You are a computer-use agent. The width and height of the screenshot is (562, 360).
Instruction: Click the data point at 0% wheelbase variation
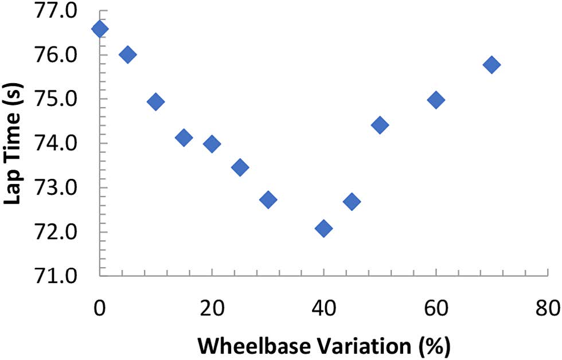point(99,29)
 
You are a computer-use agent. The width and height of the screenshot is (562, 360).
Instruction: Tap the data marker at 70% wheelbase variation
point(491,65)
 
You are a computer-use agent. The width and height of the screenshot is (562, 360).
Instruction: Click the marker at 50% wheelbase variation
point(380,125)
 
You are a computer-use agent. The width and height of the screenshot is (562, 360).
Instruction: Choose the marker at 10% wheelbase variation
point(155,102)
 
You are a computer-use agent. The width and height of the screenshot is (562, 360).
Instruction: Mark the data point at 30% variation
point(268,199)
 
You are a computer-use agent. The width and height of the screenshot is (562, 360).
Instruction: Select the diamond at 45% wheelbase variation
point(352,201)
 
